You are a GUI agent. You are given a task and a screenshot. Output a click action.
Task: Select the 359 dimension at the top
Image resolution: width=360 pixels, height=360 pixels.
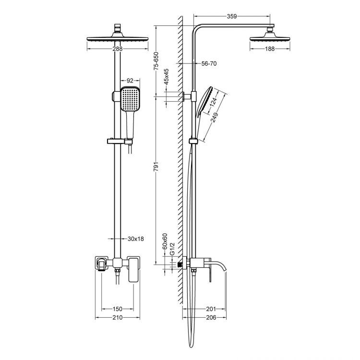(232, 16)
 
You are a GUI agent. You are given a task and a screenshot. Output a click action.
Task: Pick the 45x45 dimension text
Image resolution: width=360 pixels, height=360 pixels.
(166, 77)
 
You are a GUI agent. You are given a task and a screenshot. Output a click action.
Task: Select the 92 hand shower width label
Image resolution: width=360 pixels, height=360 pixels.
(129, 81)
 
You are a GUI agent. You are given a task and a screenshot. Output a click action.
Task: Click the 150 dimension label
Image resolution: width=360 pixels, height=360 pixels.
(118, 309)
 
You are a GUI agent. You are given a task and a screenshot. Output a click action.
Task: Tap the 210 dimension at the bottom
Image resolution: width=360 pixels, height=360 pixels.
(118, 318)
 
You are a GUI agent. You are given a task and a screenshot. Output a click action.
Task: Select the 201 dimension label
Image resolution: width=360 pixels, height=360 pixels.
(210, 309)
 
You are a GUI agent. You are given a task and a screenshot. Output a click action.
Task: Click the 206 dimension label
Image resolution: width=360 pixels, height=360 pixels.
(210, 318)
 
